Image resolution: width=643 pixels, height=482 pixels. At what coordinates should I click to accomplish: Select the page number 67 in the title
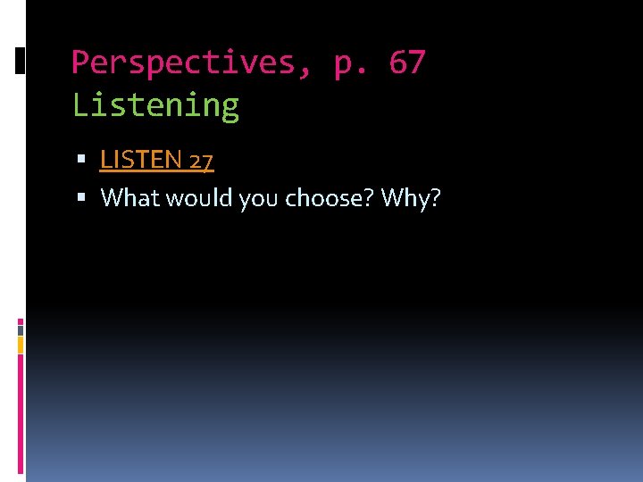406,62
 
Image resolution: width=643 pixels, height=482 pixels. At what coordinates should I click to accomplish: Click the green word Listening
155,105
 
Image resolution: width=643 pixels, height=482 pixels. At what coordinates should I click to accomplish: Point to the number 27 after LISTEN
201,161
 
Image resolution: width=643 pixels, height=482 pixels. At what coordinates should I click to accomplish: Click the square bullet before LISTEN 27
81,160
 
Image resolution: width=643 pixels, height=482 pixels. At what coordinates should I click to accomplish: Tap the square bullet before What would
81,197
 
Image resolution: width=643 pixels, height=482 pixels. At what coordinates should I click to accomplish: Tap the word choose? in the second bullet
330,197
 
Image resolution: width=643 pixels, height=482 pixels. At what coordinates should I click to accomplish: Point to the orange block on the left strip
21,345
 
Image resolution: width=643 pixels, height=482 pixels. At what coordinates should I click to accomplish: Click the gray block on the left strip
21,329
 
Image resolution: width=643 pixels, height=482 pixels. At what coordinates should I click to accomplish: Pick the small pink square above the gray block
21,321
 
